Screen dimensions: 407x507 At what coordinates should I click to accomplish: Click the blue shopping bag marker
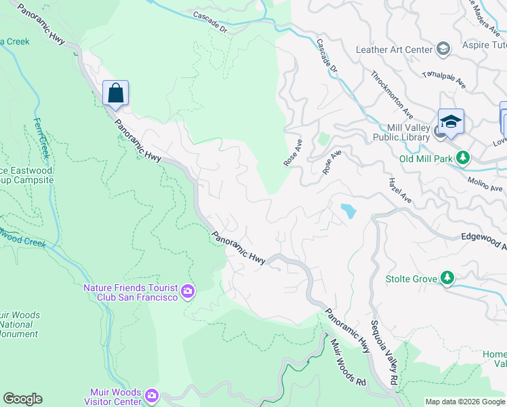click(115, 93)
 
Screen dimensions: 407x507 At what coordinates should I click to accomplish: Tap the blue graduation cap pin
click(451, 121)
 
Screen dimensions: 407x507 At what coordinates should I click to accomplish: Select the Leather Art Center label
click(394, 50)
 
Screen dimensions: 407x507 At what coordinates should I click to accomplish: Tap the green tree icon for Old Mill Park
click(463, 158)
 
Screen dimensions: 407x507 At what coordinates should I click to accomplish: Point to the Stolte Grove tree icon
click(447, 277)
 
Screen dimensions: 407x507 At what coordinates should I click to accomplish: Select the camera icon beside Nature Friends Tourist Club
click(188, 292)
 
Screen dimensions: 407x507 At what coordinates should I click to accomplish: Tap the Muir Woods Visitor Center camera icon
click(151, 395)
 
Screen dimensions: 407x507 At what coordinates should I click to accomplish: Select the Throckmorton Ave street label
click(392, 94)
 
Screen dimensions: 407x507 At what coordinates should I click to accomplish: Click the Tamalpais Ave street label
click(444, 81)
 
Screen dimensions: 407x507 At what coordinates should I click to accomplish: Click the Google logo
click(22, 399)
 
